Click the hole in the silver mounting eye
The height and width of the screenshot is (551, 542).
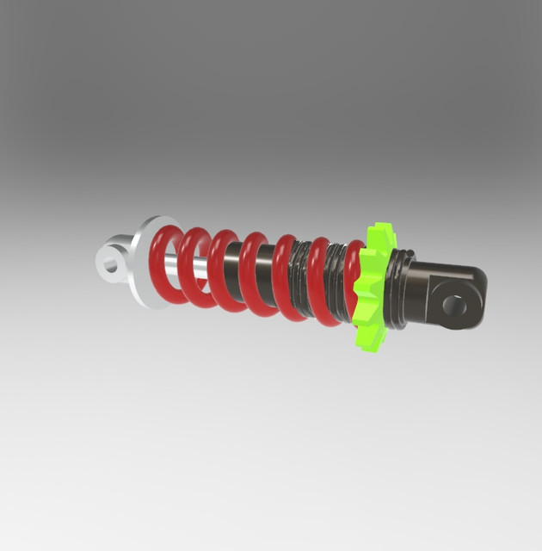pyautogui.click(x=110, y=262)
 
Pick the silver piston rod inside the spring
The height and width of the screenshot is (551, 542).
pyautogui.click(x=193, y=274)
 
